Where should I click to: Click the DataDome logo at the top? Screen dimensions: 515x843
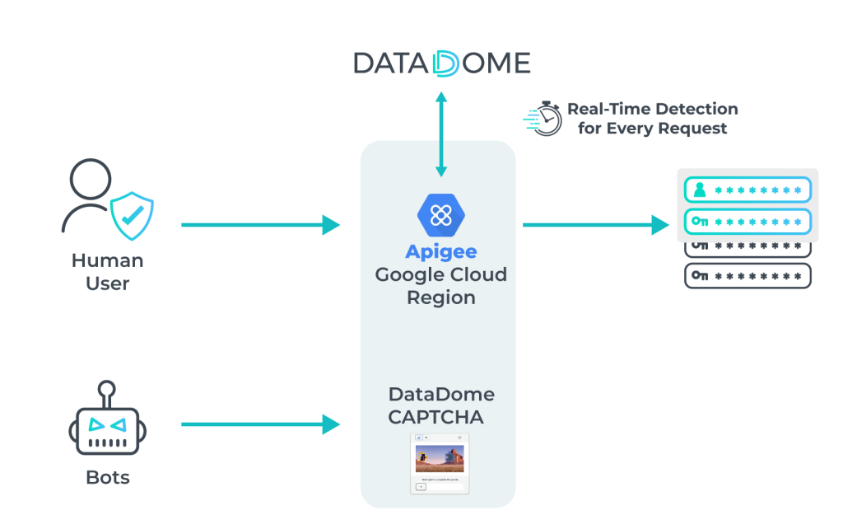coord(441,63)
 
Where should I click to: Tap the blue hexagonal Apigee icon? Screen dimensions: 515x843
coord(441,215)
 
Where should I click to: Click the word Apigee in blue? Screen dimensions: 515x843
coord(441,251)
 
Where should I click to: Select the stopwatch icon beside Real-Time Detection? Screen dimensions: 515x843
coord(543,119)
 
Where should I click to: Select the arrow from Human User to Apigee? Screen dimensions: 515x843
coord(260,224)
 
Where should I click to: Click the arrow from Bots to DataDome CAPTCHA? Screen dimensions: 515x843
coord(260,424)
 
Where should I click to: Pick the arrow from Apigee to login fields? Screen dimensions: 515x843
coord(596,224)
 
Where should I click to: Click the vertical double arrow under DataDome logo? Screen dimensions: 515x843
coord(441,134)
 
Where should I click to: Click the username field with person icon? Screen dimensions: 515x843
coord(748,190)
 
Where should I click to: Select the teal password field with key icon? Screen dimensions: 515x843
coord(748,221)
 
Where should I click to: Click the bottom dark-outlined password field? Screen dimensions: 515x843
coord(748,275)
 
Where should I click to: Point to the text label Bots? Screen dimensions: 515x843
coord(108,477)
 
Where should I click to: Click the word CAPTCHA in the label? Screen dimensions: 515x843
coord(435,417)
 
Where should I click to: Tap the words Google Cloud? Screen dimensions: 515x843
coord(441,274)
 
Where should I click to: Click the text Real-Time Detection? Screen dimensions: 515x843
coord(652,109)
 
